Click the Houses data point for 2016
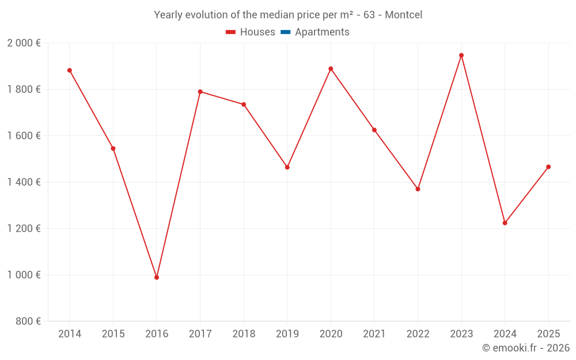[x=157, y=278]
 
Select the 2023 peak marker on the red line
[x=461, y=55]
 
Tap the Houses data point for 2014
[x=70, y=70]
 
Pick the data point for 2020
[x=331, y=69]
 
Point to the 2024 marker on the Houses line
[x=505, y=223]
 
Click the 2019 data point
[x=287, y=167]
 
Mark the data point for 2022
[x=418, y=189]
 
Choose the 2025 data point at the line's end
[x=548, y=167]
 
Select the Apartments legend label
[x=322, y=32]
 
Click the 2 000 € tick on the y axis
[x=24, y=43]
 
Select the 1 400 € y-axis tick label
[x=24, y=182]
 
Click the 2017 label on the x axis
[x=200, y=334]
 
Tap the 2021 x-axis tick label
[x=374, y=334]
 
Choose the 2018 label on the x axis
[x=244, y=334]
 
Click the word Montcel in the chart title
[x=403, y=15]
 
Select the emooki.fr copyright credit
[x=525, y=348]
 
